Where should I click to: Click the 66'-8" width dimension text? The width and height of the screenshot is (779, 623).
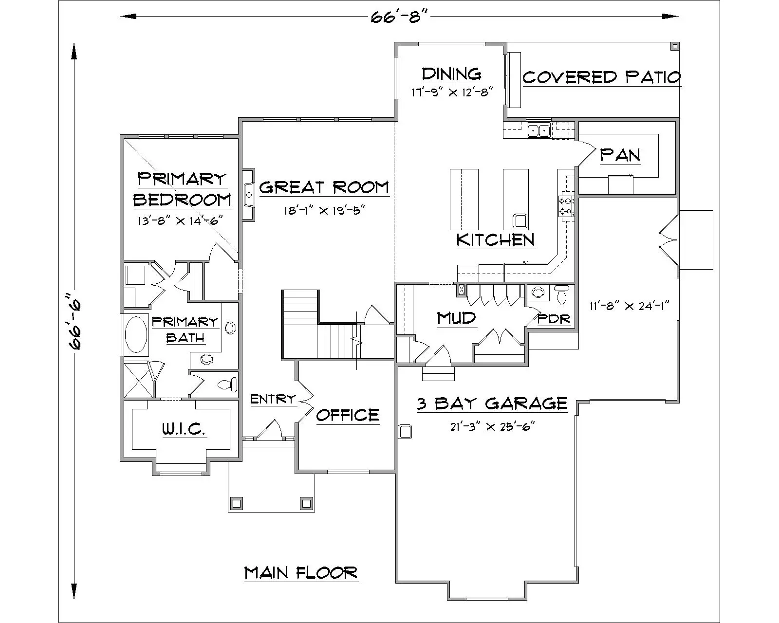click(399, 18)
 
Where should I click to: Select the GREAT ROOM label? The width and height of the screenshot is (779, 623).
click(324, 187)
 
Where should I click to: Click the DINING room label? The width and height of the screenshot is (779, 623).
click(451, 74)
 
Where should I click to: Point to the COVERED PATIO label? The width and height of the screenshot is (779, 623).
click(601, 77)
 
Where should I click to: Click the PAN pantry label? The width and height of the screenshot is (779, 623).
click(620, 155)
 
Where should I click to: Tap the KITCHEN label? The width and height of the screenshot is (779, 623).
click(495, 239)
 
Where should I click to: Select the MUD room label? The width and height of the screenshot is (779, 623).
click(456, 318)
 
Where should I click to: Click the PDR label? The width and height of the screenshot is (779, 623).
click(554, 319)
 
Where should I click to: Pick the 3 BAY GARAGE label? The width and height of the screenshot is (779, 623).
click(492, 403)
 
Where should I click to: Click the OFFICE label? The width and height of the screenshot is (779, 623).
click(347, 415)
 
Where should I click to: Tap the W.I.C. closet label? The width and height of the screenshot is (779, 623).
click(184, 429)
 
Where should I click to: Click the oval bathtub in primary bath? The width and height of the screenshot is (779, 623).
click(136, 334)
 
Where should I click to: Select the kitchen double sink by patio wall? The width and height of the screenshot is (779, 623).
click(538, 130)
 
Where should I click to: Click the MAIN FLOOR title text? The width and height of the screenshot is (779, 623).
click(301, 573)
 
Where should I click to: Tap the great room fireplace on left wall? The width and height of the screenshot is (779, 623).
click(249, 195)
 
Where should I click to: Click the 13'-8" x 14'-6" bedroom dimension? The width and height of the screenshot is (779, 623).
click(180, 220)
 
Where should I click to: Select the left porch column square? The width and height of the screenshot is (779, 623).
click(237, 503)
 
